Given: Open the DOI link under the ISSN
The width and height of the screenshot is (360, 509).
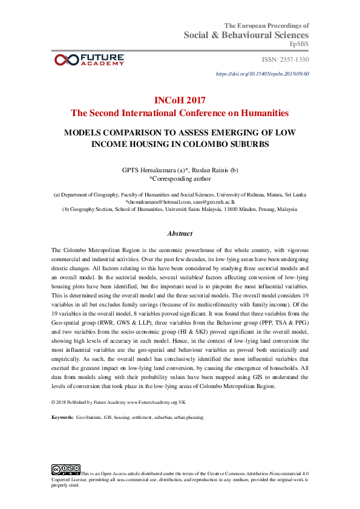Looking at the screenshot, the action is [x=263, y=73].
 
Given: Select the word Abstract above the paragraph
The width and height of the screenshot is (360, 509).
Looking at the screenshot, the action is [x=180, y=233].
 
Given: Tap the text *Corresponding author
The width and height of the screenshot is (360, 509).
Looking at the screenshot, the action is [x=180, y=178].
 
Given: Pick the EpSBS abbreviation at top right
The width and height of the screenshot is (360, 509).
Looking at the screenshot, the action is [x=299, y=44].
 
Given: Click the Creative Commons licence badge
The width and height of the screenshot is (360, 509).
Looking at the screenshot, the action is [x=66, y=468].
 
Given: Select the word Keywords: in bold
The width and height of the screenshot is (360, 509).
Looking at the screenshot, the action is [x=63, y=417].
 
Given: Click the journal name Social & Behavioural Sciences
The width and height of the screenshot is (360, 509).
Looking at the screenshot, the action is [x=247, y=35].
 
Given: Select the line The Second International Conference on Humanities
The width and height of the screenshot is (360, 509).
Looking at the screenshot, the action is [x=180, y=113].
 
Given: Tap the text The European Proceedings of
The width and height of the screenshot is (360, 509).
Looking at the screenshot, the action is [x=267, y=25].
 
